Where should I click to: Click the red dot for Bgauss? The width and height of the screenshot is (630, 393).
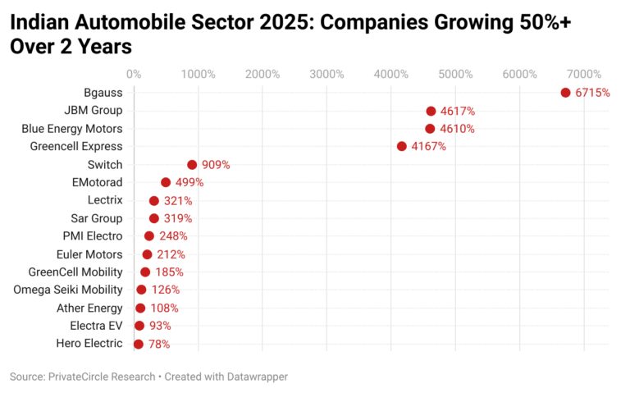pyautogui.click(x=565, y=93)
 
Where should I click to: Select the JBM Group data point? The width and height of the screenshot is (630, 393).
pyautogui.click(x=431, y=111)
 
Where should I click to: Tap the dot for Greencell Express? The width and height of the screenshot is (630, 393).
pyautogui.click(x=401, y=146)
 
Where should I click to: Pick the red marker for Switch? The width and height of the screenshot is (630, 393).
pyautogui.click(x=192, y=164)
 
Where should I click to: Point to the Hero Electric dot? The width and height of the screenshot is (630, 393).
pyautogui.click(x=138, y=344)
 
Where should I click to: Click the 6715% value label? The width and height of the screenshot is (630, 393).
pyautogui.click(x=592, y=93)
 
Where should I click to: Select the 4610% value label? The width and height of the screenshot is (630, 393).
pyautogui.click(x=457, y=129)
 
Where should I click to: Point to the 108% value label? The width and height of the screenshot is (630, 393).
pyautogui.click(x=164, y=308)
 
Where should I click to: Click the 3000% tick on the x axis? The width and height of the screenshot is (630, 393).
pyautogui.click(x=326, y=74)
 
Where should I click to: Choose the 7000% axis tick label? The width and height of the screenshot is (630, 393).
pyautogui.click(x=584, y=74)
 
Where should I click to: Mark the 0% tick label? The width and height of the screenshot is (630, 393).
pyautogui.click(x=135, y=74)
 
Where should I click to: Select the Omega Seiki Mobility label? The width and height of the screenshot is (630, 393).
pyautogui.click(x=67, y=290)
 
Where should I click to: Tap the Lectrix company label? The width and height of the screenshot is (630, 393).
pyautogui.click(x=104, y=200)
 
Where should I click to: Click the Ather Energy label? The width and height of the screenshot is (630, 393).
pyautogui.click(x=89, y=308)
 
